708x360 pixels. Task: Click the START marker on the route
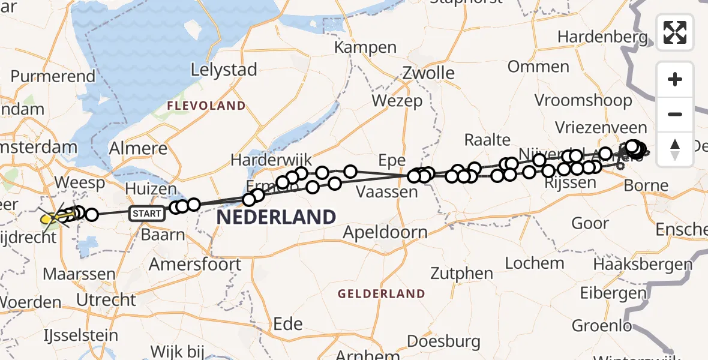click(x=147, y=213)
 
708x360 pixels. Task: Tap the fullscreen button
click(x=675, y=32)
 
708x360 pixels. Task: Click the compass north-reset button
click(x=675, y=149)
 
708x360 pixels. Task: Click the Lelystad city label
click(x=224, y=70)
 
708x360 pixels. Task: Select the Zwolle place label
click(x=428, y=73)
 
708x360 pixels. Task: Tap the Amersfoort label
click(x=195, y=264)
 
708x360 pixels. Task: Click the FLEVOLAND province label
click(x=206, y=106)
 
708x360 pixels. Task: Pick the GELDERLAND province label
click(x=381, y=294)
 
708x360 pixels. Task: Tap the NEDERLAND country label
click(x=275, y=217)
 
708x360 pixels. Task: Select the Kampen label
click(x=366, y=47)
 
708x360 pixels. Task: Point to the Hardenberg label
click(x=602, y=37)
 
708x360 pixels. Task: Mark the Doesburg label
click(x=443, y=342)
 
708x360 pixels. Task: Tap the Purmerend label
click(x=53, y=77)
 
